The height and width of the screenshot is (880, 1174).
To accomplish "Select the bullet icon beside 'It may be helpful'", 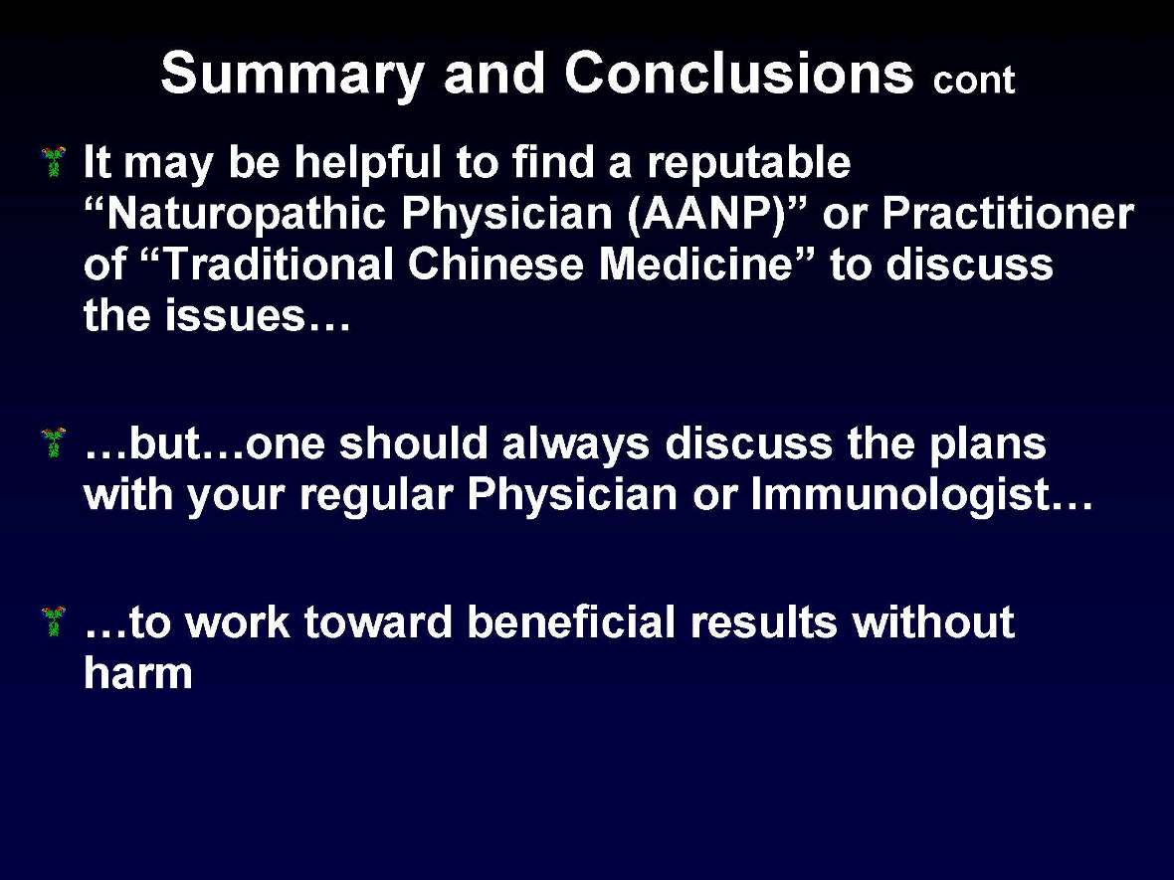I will click(54, 160).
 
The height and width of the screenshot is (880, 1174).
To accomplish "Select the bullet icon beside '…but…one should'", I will click(54, 441).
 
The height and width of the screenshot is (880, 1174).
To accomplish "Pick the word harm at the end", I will click(138, 674).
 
